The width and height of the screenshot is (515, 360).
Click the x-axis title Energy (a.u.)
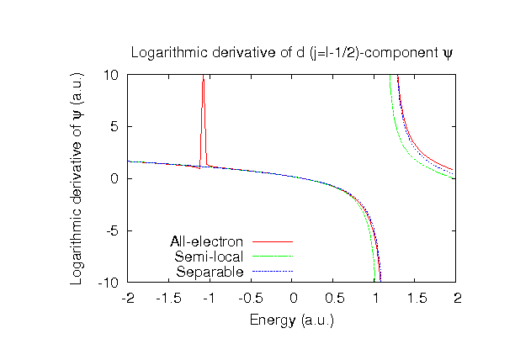click(x=292, y=320)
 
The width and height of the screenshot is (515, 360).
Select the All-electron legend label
click(x=206, y=242)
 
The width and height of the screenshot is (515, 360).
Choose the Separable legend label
click(x=210, y=272)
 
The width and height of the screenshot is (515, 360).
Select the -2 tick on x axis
click(x=128, y=298)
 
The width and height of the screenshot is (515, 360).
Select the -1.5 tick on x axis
click(x=168, y=298)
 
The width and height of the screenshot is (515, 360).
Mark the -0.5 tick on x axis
click(x=251, y=298)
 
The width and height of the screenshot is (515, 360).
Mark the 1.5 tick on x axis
click(x=417, y=298)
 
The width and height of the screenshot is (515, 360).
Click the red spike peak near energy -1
click(x=203, y=78)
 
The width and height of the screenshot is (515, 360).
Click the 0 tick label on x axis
click(x=293, y=298)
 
